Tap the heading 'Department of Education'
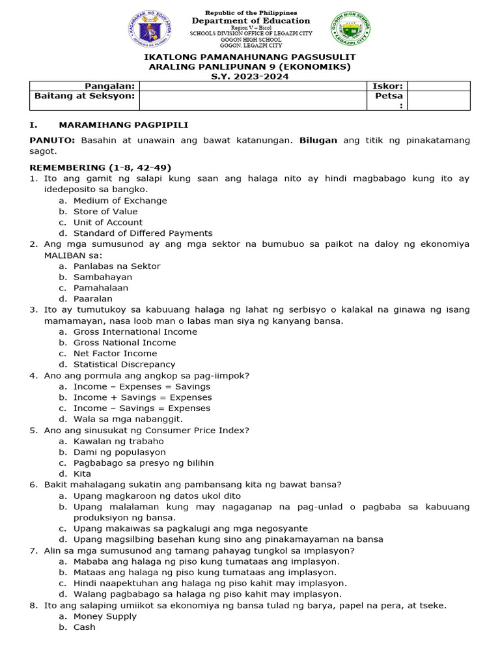pyautogui.click(x=251, y=21)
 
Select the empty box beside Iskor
pyautogui.click(x=438, y=86)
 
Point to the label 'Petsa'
pyautogui.click(x=389, y=96)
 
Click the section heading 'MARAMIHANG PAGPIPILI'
pyautogui.click(x=124, y=125)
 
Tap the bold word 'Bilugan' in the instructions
pyautogui.click(x=319, y=140)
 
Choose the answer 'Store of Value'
pyautogui.click(x=105, y=211)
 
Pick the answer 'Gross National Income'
pyautogui.click(x=124, y=343)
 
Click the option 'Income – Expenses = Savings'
pyautogui.click(x=142, y=386)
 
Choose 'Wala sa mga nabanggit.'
pyautogui.click(x=128, y=419)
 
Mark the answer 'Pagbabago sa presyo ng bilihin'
pyautogui.click(x=143, y=462)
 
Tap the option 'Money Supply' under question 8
pyautogui.click(x=105, y=616)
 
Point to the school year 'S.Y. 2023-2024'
pyautogui.click(x=251, y=76)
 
